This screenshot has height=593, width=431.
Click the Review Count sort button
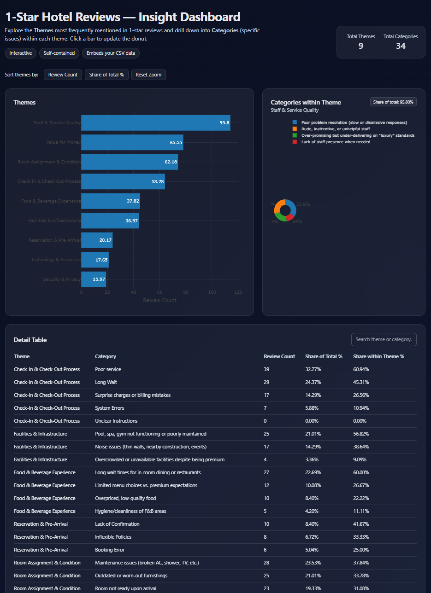point(63,75)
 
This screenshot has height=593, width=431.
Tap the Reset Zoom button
point(148,75)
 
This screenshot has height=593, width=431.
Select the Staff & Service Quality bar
point(155,123)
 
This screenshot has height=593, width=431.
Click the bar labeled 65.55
point(132,142)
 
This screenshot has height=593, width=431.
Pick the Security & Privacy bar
point(94,279)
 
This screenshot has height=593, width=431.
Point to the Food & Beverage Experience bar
point(111,201)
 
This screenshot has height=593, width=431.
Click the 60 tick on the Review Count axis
point(159,292)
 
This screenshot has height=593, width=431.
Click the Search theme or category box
point(384,339)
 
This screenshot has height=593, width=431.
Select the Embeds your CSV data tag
point(111,53)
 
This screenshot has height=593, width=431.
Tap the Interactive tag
point(21,53)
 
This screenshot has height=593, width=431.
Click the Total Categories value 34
point(401,46)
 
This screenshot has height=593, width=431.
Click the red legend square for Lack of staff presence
point(295,142)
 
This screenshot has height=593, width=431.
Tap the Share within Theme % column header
point(378,356)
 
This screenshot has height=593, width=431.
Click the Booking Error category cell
point(110,550)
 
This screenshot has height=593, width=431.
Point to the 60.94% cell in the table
point(361,369)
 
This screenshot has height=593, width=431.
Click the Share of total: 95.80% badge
point(393,102)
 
